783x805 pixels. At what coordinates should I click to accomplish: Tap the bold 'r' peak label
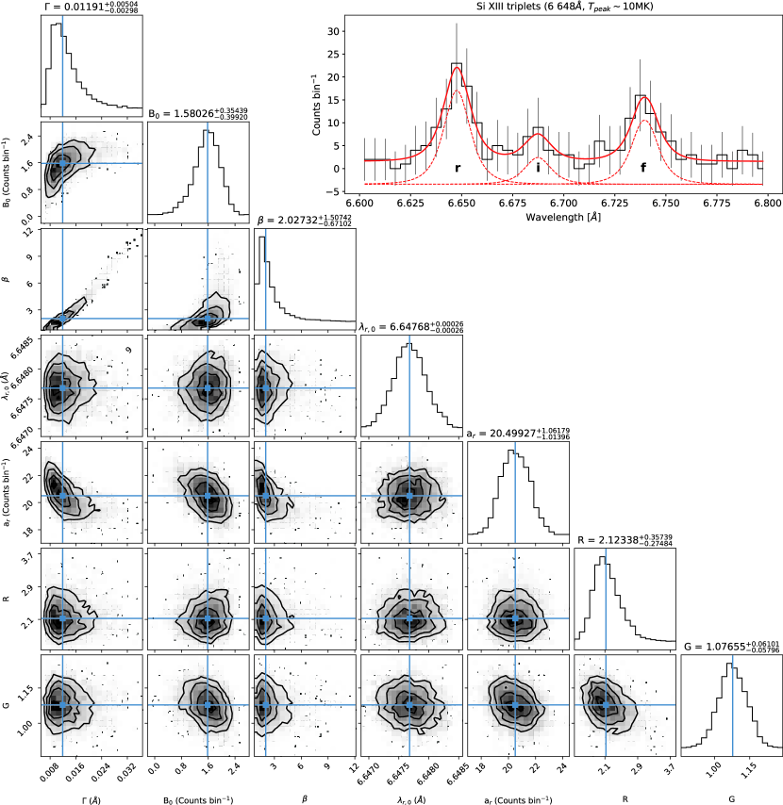[458, 168]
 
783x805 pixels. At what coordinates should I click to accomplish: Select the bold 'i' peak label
[538, 168]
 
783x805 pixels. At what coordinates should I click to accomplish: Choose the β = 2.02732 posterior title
[304, 221]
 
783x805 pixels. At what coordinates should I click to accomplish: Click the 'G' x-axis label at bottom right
[731, 797]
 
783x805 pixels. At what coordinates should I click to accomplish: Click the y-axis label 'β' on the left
[10, 281]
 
